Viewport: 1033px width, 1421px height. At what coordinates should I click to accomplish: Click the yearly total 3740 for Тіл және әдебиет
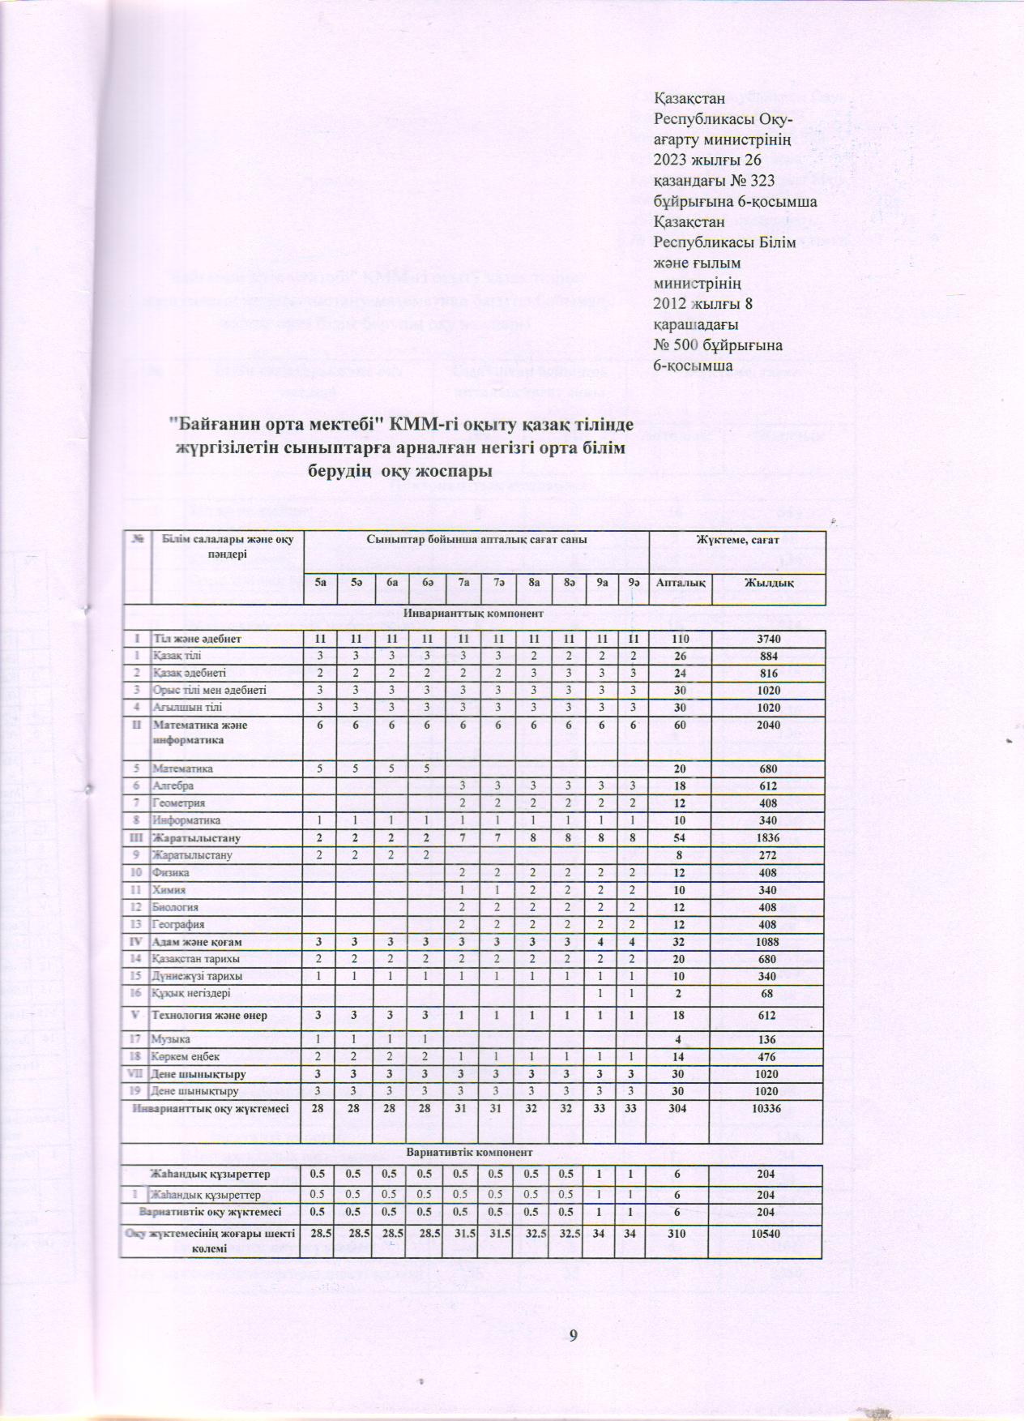[769, 639]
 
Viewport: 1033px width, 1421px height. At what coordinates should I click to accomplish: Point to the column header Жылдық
[769, 583]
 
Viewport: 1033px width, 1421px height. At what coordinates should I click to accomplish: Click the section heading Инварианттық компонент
[473, 613]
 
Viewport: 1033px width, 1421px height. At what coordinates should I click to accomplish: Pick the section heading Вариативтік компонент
[473, 1151]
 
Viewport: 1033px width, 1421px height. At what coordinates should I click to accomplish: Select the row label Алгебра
[173, 785]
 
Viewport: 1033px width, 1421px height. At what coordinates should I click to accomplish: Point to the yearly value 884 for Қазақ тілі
[769, 656]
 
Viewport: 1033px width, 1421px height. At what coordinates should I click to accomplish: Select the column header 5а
[320, 583]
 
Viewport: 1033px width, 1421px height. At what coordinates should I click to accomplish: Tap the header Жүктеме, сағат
[737, 538]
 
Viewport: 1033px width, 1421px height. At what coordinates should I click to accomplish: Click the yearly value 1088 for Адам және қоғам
[769, 942]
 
